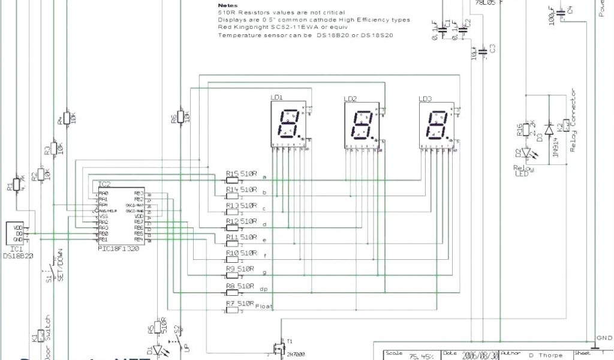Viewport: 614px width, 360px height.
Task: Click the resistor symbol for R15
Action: [x=232, y=179]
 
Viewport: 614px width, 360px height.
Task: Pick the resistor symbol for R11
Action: [x=232, y=244]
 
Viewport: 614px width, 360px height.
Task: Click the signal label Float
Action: [x=264, y=306]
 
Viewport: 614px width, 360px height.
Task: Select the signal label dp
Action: [x=263, y=289]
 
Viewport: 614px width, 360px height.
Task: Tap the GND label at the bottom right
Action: [x=604, y=338]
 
